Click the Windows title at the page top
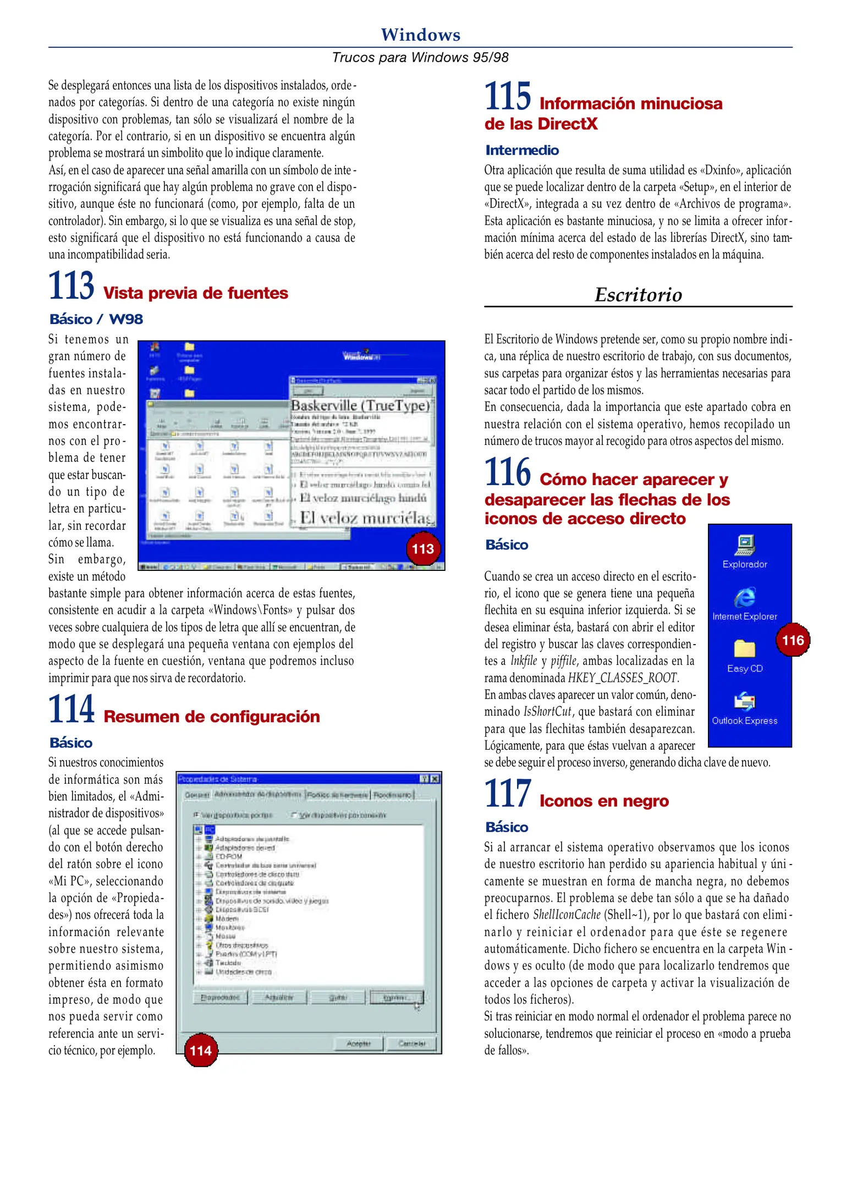point(420,35)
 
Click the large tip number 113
point(71,285)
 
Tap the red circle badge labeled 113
point(422,548)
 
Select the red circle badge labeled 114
point(201,1050)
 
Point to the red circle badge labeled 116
point(793,640)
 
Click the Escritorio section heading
point(638,295)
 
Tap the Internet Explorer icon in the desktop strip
point(745,597)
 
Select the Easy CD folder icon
point(745,649)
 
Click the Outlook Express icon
point(745,702)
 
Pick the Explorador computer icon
point(745,545)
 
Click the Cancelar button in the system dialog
point(411,1043)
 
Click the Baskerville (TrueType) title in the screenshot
point(360,405)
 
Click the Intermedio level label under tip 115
point(522,150)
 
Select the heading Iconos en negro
point(604,801)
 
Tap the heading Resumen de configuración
point(212,717)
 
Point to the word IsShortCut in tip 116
point(548,712)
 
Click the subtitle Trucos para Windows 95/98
point(420,57)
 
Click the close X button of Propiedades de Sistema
point(435,779)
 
